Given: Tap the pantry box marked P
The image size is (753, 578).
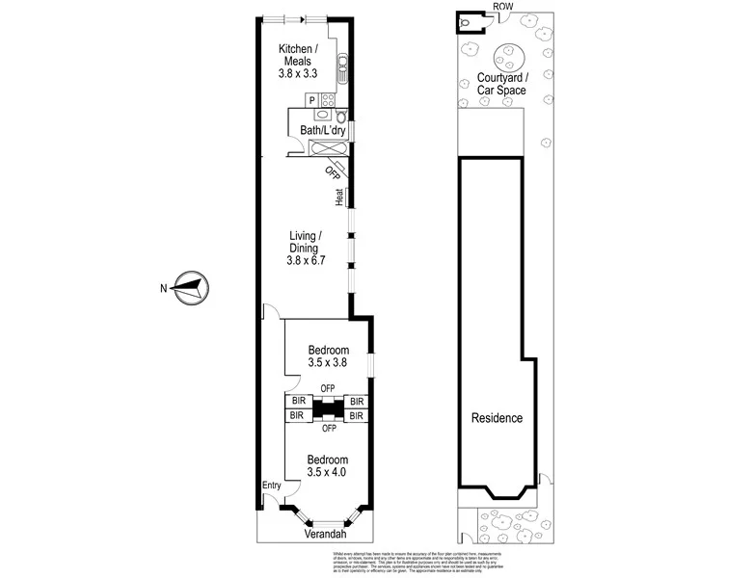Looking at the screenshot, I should coord(311,99).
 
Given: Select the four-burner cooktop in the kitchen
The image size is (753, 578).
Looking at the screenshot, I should coord(328,99).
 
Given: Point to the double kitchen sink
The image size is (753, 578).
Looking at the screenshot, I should coord(341,67).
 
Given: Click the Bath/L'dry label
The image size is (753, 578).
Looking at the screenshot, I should coord(322,130).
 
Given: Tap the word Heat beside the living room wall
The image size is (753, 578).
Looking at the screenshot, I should coord(339,197).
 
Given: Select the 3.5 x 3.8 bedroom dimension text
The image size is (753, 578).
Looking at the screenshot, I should coord(327,363).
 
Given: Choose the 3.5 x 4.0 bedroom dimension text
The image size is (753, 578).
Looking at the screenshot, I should coord(327,472).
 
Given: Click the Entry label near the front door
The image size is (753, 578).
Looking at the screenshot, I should coord(273,486).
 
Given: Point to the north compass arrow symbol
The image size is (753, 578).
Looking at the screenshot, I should coord(188,286).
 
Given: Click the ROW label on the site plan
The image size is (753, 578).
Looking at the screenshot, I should coord(502,8).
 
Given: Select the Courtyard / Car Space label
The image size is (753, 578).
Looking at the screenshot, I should coord(502,84).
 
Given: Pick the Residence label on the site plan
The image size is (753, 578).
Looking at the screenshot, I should coord(497,418).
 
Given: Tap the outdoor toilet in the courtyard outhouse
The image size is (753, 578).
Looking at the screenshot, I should coord(468,21).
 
